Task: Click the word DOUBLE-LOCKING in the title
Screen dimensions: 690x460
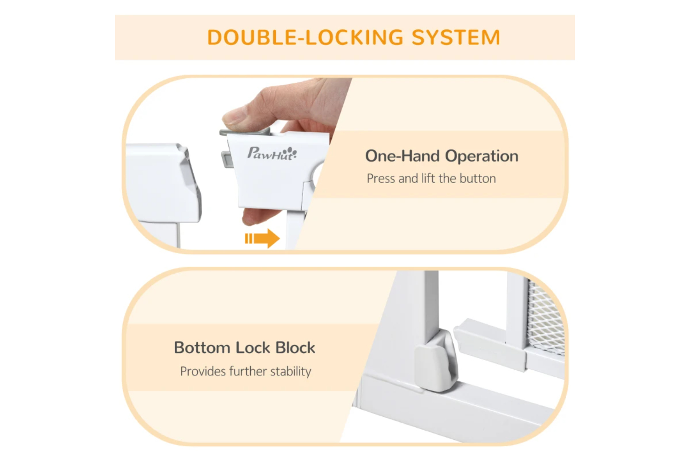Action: click(305, 37)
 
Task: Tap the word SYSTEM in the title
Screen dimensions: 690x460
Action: click(456, 37)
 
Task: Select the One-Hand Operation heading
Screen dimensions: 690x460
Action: click(442, 156)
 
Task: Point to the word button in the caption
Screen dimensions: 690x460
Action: click(478, 178)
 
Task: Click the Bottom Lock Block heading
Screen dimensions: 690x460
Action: click(245, 348)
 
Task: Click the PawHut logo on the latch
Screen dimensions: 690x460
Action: click(272, 154)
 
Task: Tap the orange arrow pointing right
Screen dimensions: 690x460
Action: click(262, 238)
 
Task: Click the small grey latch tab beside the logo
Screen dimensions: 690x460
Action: click(227, 160)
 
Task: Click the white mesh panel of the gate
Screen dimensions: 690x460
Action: click(546, 317)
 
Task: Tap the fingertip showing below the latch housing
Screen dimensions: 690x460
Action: click(255, 217)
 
